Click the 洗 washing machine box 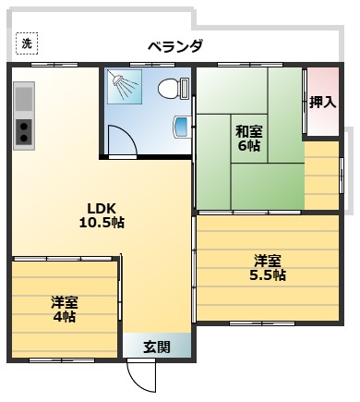[27, 43]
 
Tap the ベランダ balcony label [175, 46]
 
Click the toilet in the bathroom [171, 90]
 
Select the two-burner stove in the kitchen [24, 134]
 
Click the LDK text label [102, 207]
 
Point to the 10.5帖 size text [102, 223]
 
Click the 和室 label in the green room [248, 130]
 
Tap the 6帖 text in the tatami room [248, 146]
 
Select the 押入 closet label [322, 102]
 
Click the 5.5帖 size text [268, 275]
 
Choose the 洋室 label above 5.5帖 [268, 260]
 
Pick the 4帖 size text [64, 317]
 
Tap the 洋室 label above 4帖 [64, 301]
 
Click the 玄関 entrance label [157, 347]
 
